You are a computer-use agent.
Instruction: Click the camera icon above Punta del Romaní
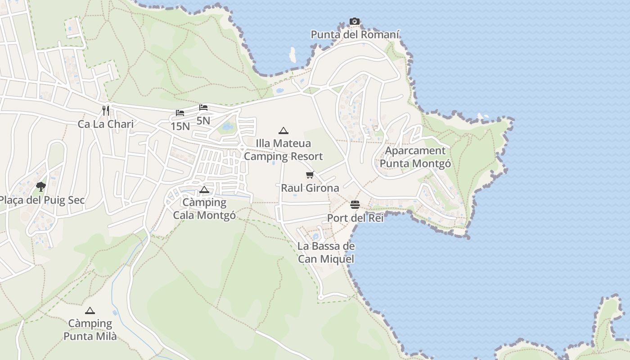point(355,21)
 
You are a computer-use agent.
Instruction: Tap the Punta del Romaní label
point(355,35)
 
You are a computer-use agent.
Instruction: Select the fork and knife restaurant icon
point(106,111)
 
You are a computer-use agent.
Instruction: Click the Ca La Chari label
point(106,124)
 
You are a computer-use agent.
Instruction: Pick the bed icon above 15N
point(180,113)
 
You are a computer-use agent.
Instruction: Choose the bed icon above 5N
point(203,108)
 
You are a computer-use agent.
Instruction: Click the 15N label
point(180,126)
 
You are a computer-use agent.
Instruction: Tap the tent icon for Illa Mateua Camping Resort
point(283,131)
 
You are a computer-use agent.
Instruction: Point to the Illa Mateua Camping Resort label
point(283,150)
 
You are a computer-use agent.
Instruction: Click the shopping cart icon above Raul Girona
point(310,175)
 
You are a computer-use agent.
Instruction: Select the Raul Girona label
point(310,188)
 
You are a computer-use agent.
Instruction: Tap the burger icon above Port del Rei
point(355,205)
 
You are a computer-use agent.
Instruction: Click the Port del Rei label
point(355,218)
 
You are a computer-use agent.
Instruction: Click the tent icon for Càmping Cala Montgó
point(204,189)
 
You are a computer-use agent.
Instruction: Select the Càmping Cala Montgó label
point(204,209)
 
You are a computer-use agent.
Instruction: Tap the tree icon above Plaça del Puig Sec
point(41,186)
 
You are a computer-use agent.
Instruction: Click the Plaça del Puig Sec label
point(42,200)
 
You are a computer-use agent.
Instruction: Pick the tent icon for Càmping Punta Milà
point(90,310)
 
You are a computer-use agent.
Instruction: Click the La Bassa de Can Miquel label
point(326,252)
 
